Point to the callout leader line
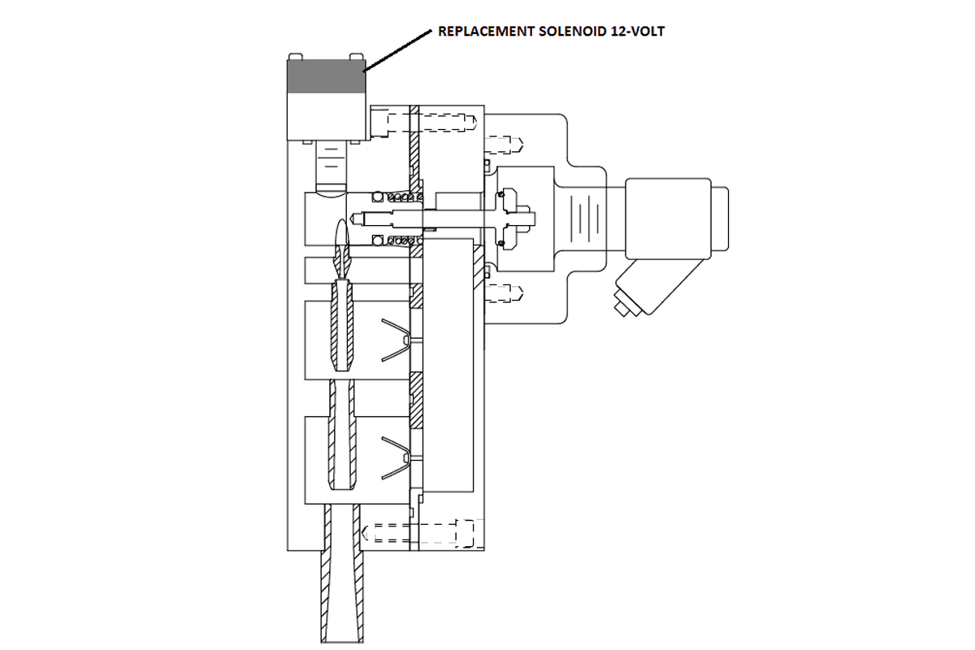397,50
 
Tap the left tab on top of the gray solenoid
297,56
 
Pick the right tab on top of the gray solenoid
354,56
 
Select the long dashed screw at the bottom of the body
418,532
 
